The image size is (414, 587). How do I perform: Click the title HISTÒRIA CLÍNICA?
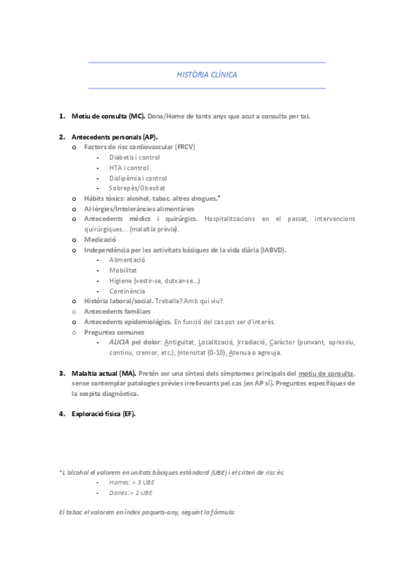pyautogui.click(x=207, y=74)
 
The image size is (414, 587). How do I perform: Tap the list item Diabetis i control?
pyautogui.click(x=134, y=158)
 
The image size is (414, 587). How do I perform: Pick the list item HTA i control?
pyautogui.click(x=129, y=168)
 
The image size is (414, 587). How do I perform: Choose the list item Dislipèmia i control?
pyautogui.click(x=138, y=178)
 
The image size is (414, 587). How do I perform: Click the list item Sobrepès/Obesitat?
pyautogui.click(x=137, y=188)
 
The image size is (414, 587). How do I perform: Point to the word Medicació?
pyautogui.click(x=100, y=240)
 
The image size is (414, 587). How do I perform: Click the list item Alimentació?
pyautogui.click(x=127, y=260)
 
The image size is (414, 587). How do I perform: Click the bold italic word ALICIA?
pyautogui.click(x=119, y=342)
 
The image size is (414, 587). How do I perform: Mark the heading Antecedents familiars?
pyautogui.click(x=117, y=311)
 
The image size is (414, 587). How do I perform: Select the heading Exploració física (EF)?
pyautogui.click(x=103, y=414)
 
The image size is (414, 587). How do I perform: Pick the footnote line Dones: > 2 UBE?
pyautogui.click(x=131, y=493)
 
